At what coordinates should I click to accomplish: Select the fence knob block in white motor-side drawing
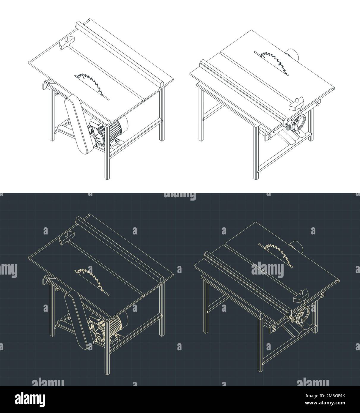point(67,41)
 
